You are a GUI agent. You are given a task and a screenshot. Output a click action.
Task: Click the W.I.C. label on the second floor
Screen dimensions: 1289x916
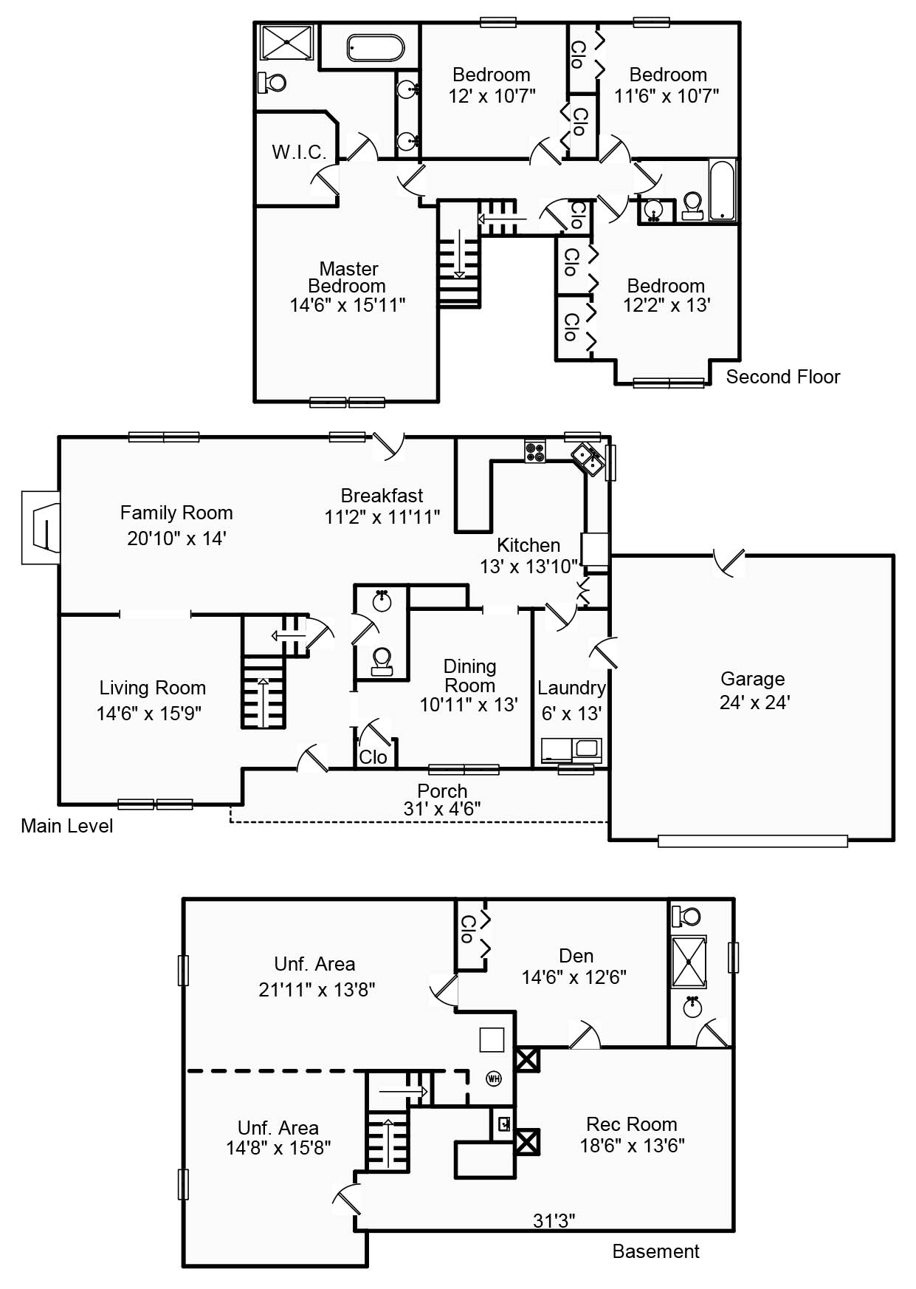299,152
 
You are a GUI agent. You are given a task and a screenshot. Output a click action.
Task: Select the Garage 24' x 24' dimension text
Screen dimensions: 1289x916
754,702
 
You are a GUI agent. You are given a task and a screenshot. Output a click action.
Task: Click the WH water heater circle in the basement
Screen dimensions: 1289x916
494,1078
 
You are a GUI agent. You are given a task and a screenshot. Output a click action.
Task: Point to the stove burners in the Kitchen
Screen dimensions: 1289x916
534,451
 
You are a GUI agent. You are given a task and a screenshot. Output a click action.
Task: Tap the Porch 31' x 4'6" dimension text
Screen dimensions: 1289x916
442,809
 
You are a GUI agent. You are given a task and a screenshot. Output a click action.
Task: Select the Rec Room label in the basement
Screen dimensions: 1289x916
631,1124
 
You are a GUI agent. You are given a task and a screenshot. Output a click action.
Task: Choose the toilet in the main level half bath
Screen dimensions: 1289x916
382,660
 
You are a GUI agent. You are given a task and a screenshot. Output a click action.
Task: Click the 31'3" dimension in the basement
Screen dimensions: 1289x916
554,1221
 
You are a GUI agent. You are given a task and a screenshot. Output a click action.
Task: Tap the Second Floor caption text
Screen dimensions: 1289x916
782,377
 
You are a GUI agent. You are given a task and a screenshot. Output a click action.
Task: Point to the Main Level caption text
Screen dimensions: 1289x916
66,826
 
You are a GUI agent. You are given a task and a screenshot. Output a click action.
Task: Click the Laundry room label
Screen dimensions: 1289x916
571,688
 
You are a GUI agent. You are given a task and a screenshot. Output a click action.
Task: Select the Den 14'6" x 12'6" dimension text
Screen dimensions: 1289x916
574,977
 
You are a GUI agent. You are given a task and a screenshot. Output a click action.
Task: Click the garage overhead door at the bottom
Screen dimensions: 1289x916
752,841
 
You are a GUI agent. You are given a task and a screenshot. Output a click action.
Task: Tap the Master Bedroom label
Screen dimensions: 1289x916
348,277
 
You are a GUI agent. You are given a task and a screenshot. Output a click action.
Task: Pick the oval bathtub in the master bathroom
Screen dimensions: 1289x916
375,48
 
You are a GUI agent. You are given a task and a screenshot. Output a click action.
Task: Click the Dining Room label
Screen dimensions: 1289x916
469,675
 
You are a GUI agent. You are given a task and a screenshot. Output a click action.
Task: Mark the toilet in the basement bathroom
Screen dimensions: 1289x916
687,917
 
